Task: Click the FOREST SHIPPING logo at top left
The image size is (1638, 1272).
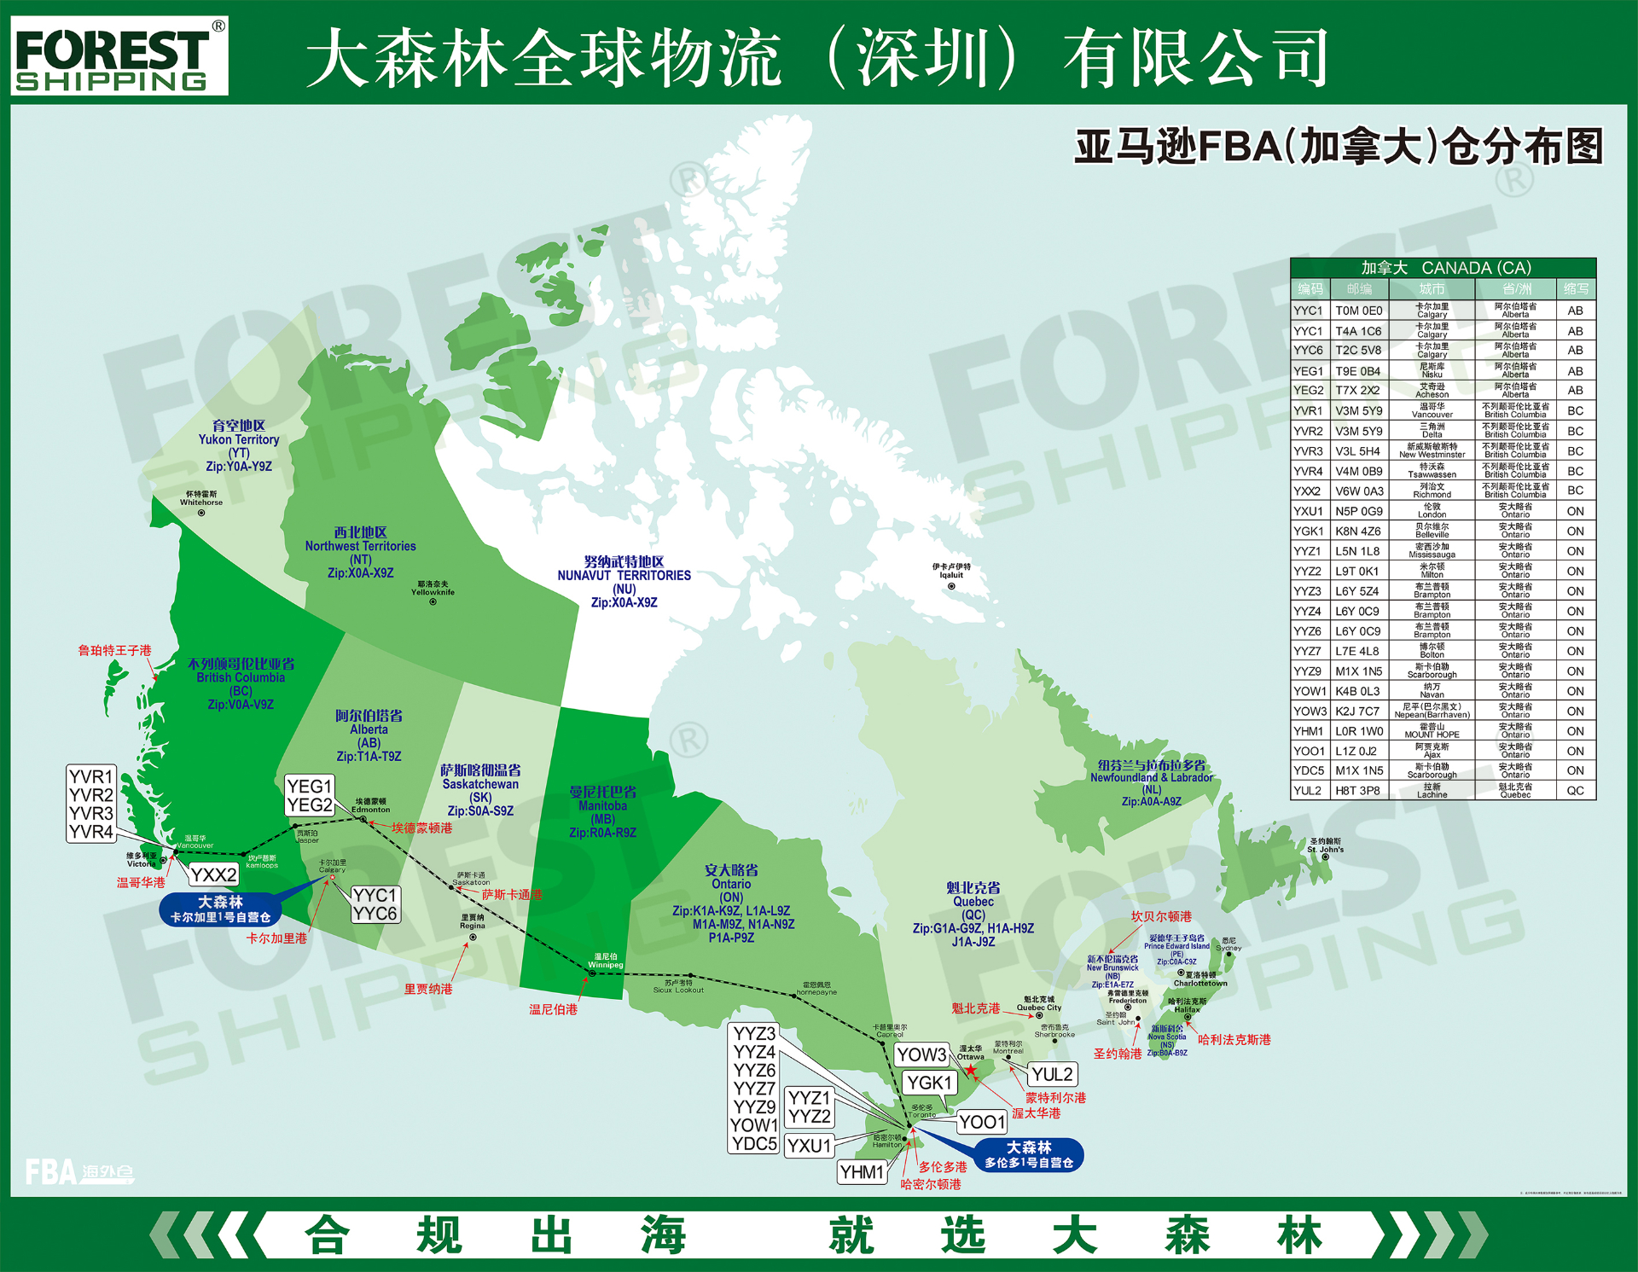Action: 119,56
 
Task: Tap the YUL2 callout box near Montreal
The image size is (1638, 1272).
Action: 1052,1074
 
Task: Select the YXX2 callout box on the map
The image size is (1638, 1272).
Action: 213,874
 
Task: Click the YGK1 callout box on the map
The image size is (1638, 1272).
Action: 929,1083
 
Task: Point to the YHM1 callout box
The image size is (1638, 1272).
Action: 862,1172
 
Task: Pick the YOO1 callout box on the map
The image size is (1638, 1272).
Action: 982,1122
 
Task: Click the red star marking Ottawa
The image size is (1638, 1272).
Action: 971,1070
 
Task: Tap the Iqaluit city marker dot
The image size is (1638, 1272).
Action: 951,586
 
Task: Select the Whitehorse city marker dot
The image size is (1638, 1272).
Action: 201,513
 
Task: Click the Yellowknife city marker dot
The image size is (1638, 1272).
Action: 433,602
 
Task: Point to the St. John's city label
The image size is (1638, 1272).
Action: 1325,845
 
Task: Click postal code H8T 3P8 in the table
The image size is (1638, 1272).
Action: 1357,791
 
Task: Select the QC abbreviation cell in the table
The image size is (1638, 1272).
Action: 1575,791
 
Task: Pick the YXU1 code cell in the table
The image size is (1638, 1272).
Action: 1308,511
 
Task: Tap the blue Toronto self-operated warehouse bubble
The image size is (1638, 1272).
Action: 1029,1154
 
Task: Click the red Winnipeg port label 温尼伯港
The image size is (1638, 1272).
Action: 553,1009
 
